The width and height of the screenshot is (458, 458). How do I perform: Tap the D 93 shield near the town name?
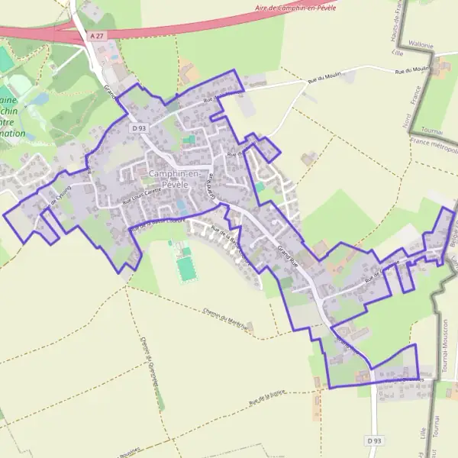(137, 128)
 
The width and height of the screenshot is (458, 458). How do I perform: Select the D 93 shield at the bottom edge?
(373, 440)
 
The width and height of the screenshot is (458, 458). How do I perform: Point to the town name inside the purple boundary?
(175, 179)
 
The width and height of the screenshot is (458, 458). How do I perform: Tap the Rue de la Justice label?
(266, 395)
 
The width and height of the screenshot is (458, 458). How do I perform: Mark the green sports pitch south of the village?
(185, 269)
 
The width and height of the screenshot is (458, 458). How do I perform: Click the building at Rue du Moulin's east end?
(440, 70)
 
